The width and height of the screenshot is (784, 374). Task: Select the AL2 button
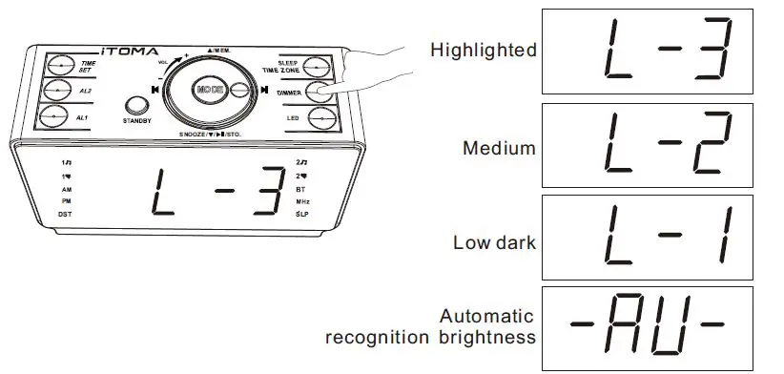59,91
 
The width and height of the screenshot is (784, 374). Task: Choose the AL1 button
59,117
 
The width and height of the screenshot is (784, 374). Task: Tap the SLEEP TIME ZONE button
318,66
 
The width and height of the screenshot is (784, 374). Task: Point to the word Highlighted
483,51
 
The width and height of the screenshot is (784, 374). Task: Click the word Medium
498,148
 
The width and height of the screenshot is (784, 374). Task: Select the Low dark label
494,241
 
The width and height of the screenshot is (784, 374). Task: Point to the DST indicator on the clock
65,215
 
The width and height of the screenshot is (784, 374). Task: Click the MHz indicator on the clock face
302,202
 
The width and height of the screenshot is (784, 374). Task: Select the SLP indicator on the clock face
301,215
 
